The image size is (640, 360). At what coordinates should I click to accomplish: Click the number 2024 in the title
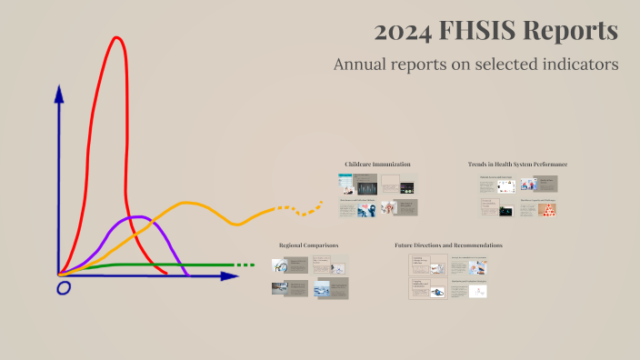click(x=403, y=32)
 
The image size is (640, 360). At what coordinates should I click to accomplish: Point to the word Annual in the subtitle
click(x=361, y=65)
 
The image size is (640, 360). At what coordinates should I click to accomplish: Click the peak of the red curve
click(x=116, y=38)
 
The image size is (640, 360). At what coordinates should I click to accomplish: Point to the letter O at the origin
click(x=63, y=288)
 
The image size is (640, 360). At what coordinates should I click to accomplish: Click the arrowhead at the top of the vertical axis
click(x=59, y=93)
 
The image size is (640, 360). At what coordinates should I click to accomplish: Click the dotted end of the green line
click(x=244, y=265)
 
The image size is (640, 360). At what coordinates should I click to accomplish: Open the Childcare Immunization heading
click(x=377, y=164)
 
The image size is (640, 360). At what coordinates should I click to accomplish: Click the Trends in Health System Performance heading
click(x=517, y=164)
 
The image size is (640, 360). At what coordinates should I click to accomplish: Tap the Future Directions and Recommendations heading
click(x=448, y=245)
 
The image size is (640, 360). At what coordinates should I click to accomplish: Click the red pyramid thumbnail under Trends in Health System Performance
click(x=547, y=209)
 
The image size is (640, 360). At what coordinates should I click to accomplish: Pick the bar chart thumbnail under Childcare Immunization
click(x=367, y=188)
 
